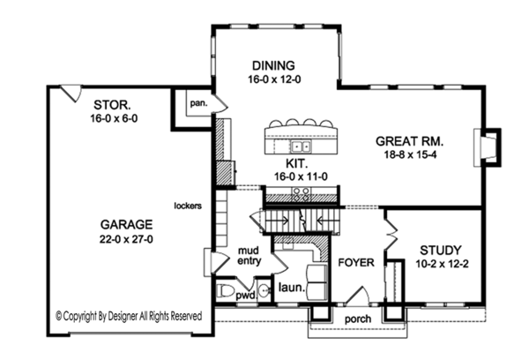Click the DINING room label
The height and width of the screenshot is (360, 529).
[x=273, y=65]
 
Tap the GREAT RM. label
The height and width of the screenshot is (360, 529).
[x=410, y=141]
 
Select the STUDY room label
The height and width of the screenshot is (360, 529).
[x=441, y=251]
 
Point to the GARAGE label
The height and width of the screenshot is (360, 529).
[x=126, y=225]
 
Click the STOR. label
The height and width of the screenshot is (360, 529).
[x=112, y=105]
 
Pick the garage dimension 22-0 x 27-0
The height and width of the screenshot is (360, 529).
[x=126, y=239]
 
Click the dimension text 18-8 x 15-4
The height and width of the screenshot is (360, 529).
[x=410, y=154]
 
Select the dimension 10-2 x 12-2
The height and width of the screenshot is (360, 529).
[x=442, y=264]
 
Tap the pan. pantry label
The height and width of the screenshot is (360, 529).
[x=198, y=103]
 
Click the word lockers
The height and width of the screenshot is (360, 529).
[x=188, y=206]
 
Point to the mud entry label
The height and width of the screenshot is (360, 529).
[x=249, y=256]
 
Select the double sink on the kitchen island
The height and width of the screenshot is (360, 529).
[x=301, y=146]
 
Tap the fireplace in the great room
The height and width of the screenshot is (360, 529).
[x=488, y=147]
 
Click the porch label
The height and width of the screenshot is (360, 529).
[x=358, y=319]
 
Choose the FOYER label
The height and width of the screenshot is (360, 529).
[x=356, y=262]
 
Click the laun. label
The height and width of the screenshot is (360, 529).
[x=292, y=288]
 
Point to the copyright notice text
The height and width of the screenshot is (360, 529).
[x=129, y=316]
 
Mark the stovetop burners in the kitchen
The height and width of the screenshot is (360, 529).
[x=301, y=194]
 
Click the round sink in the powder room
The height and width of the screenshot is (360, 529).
[x=264, y=290]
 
